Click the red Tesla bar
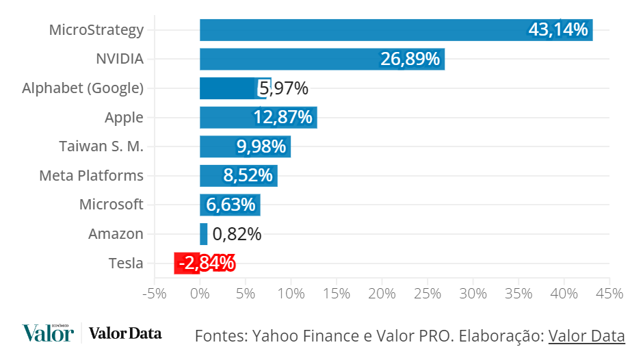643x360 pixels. click(x=187, y=263)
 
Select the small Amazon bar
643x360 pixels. click(x=203, y=234)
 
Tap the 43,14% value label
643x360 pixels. click(x=557, y=29)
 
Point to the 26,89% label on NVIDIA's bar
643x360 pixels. click(x=410, y=59)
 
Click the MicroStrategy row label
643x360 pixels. click(x=96, y=30)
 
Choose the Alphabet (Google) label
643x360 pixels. click(x=83, y=88)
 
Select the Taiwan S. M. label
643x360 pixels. click(x=101, y=146)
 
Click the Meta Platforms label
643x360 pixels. click(x=91, y=176)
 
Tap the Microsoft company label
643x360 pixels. click(x=111, y=205)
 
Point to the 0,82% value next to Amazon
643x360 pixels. click(x=237, y=234)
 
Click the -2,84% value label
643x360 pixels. click(x=206, y=263)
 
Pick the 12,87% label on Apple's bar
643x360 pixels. click(x=283, y=118)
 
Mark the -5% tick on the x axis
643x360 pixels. click(x=154, y=294)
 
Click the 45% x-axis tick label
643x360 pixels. click(x=609, y=294)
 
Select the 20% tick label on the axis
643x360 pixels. click(x=381, y=294)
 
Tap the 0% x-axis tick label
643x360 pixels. click(x=200, y=294)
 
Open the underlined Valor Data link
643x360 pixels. click(x=586, y=336)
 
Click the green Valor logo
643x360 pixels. click(x=47, y=333)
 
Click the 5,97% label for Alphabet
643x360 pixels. click(x=283, y=88)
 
